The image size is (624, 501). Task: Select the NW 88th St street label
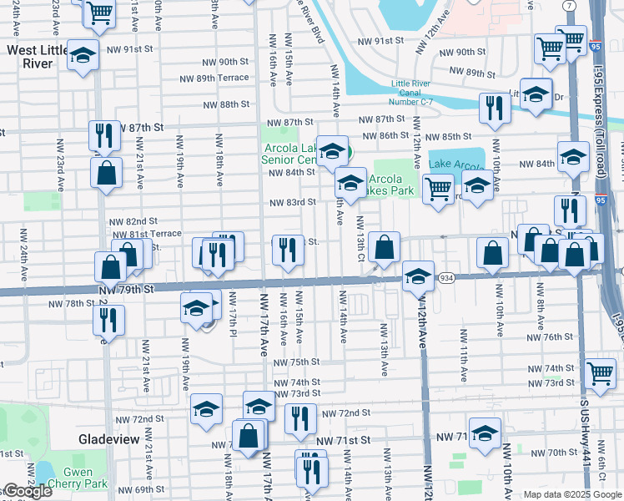pyautogui.click(x=229, y=104)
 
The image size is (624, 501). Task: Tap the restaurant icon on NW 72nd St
pyautogui.click(x=300, y=418)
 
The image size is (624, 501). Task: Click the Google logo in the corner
pyautogui.click(x=28, y=491)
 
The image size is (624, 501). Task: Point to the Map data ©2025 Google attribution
pyautogui.click(x=572, y=494)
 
